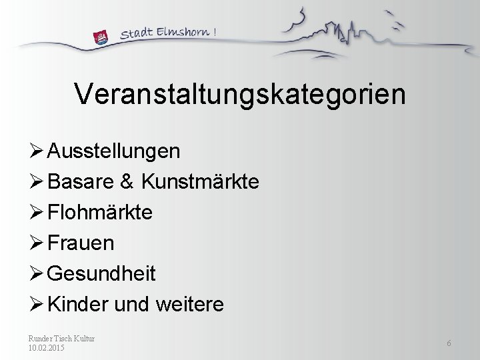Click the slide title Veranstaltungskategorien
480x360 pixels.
pos(239,94)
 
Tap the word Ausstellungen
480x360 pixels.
pos(114,151)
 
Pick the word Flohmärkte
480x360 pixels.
pos(101,213)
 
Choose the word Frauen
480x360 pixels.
pos(81,243)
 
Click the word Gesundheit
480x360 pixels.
pos(102,274)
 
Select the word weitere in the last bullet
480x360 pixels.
pos(189,305)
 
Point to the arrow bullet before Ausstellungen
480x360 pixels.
pos(37,151)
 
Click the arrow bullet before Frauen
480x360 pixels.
pos(37,243)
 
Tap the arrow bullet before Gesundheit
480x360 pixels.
pos(37,274)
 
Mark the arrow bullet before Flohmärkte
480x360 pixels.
pos(37,213)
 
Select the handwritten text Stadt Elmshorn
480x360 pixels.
pos(167,32)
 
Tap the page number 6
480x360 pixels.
pos(449,343)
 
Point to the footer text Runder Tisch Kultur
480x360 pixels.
pos(61,339)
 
